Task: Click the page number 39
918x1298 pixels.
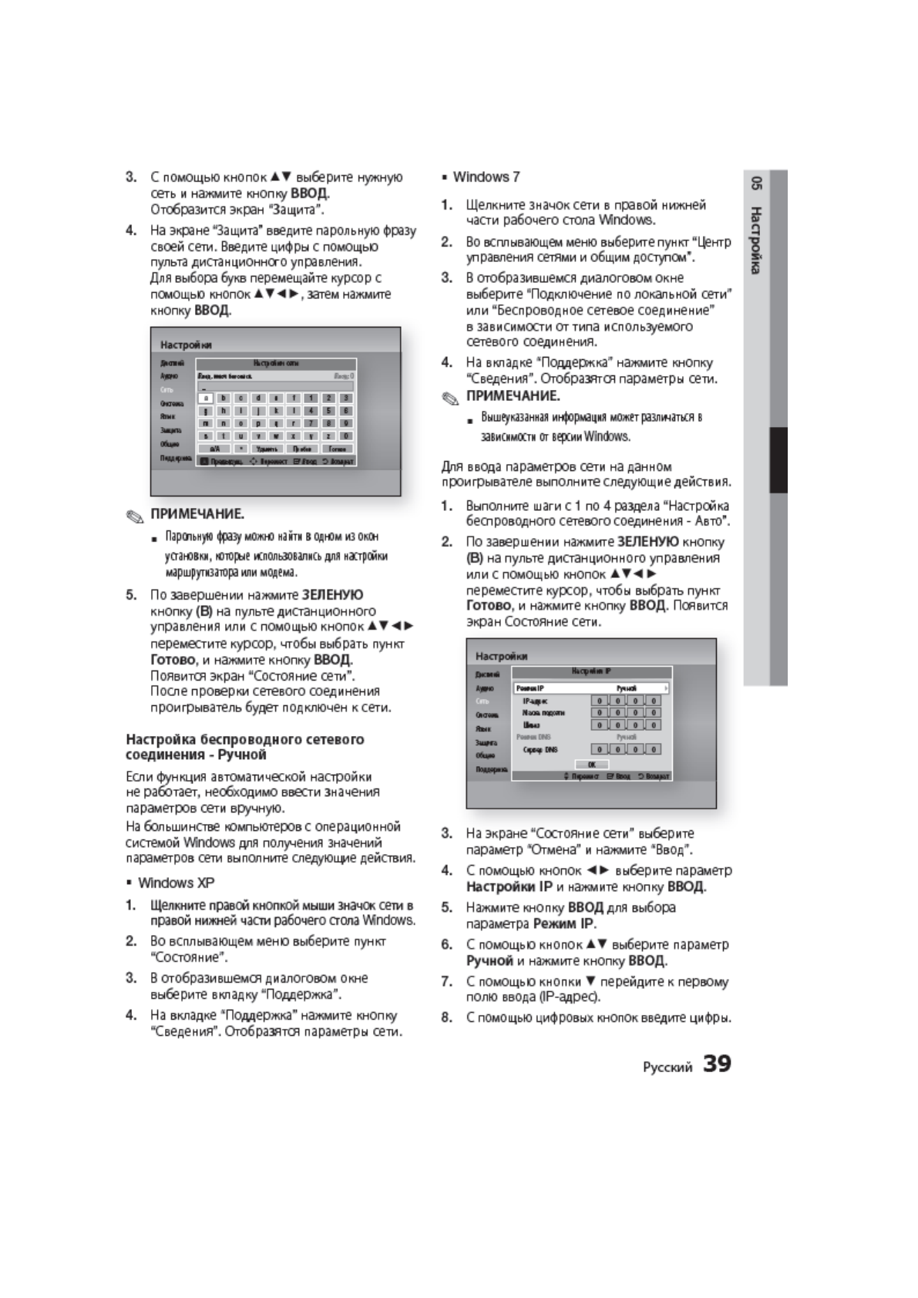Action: (717, 1064)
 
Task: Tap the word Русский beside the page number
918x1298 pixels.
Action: (667, 1068)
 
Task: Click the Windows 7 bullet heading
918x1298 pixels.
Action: (486, 177)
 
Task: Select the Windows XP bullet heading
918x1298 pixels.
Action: (176, 883)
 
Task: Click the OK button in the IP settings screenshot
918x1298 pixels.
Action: (592, 765)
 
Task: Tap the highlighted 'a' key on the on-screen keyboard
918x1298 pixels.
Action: (205, 398)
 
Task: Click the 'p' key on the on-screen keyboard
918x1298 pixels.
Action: (258, 423)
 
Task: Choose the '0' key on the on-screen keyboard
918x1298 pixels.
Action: (346, 435)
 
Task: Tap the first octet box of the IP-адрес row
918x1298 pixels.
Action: (599, 701)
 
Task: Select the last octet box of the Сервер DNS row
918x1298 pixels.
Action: (654, 749)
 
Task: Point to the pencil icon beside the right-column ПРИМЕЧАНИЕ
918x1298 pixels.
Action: (450, 397)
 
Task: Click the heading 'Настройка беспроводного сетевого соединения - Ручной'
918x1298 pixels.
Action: (244, 746)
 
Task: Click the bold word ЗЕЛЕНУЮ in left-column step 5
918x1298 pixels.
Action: (332, 594)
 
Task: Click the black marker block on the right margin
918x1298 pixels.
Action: (778, 459)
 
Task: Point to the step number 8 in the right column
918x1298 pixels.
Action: (446, 1017)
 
